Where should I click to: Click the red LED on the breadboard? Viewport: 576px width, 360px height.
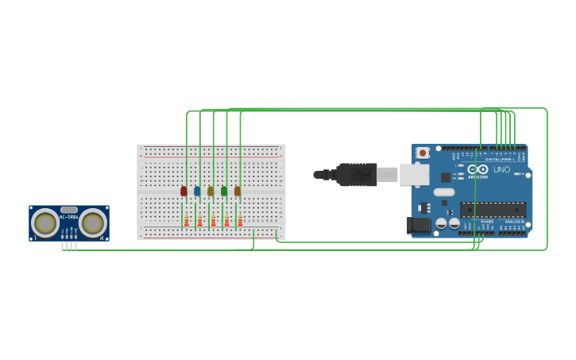(x=184, y=191)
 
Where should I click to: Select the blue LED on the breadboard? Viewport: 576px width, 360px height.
(x=197, y=191)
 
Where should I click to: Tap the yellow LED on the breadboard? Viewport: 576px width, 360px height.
(x=211, y=191)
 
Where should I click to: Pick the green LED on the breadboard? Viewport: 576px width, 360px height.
(x=224, y=191)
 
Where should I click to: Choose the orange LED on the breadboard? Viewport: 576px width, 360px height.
(x=238, y=191)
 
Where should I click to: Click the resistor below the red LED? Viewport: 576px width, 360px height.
(x=187, y=221)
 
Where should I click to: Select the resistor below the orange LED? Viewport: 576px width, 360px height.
(x=240, y=221)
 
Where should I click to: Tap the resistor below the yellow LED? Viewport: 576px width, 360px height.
(x=213, y=221)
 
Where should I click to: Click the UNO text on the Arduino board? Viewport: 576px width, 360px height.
(x=502, y=169)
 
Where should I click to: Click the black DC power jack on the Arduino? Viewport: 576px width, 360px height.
(x=418, y=226)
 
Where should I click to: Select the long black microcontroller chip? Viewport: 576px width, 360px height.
(x=493, y=210)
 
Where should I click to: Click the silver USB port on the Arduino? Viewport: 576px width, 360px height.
(x=413, y=175)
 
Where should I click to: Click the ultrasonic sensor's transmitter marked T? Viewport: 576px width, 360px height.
(x=45, y=223)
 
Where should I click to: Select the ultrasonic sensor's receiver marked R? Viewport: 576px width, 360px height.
(x=93, y=223)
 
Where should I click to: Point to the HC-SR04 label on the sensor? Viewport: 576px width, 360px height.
(x=68, y=217)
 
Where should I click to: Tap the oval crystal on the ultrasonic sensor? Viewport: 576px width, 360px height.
(x=69, y=210)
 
